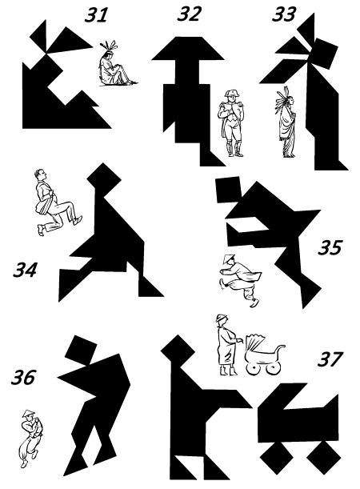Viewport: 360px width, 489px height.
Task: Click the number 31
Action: tap(96, 14)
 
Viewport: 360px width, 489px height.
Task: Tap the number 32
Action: tap(189, 14)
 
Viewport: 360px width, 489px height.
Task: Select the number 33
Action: tap(284, 14)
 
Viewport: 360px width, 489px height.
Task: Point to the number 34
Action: tap(25, 270)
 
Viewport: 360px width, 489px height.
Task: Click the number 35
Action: tap(330, 247)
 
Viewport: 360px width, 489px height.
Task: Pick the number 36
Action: tap(23, 377)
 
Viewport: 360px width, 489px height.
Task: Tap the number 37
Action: tap(330, 359)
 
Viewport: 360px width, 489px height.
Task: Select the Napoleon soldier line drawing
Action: tap(230, 123)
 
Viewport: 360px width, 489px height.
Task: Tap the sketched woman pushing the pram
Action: tap(228, 345)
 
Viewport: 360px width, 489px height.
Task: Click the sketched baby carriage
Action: tap(265, 355)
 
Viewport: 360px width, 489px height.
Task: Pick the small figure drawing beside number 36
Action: tap(31, 438)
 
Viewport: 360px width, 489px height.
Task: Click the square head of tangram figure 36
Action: tap(81, 350)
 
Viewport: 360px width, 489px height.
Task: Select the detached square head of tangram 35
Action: tap(229, 190)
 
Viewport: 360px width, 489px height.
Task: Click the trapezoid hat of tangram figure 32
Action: tap(188, 48)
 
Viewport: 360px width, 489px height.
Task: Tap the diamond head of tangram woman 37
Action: tap(178, 352)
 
